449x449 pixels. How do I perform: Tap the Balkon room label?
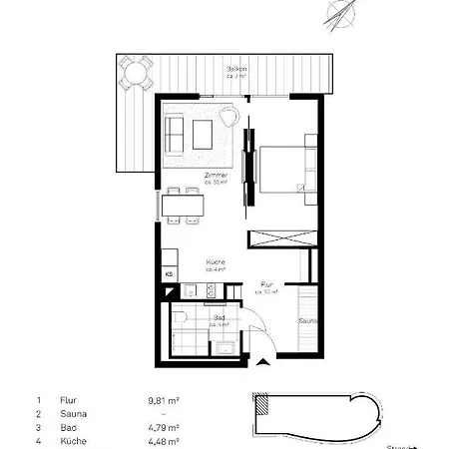pyautogui.click(x=235, y=72)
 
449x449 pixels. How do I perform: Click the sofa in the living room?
pyautogui.click(x=175, y=131)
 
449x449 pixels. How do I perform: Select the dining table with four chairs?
pyautogui.click(x=184, y=207)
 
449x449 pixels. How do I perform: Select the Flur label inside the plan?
pyautogui.click(x=267, y=286)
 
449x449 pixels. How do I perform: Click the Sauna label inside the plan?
pyautogui.click(x=310, y=322)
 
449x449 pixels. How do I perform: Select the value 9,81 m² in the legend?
pyautogui.click(x=163, y=399)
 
